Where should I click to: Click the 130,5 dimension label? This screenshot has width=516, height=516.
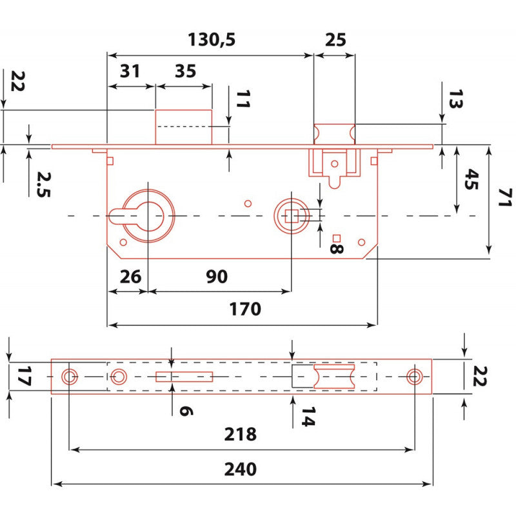212,40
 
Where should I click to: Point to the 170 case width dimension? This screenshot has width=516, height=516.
245,310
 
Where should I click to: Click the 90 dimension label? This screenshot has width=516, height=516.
217,277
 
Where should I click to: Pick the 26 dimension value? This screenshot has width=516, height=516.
130,277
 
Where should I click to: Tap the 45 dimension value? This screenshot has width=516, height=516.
472,181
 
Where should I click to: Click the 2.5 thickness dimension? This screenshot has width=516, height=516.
43,184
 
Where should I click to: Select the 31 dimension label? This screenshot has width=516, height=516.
130,72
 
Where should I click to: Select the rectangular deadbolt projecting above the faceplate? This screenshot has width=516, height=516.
183,126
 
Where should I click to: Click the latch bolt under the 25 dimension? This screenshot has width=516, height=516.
334,134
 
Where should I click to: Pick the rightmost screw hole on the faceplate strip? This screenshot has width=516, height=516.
413,377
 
